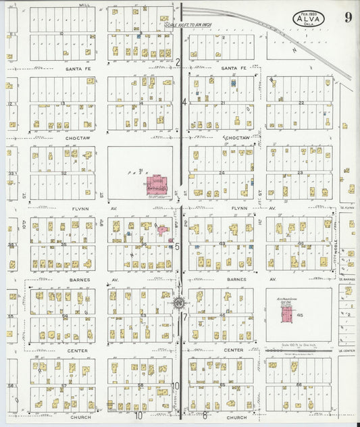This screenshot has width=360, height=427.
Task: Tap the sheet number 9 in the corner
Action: click(x=348, y=18)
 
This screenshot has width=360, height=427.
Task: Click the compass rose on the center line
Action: click(x=180, y=303)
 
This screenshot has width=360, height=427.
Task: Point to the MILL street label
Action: click(x=84, y=5)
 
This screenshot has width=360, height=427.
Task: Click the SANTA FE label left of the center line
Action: click(x=78, y=69)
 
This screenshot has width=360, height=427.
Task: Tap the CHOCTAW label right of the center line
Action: click(x=236, y=138)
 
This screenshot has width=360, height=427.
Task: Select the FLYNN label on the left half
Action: click(x=80, y=209)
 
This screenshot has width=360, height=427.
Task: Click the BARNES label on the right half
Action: click(x=236, y=279)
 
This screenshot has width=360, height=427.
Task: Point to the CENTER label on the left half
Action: click(x=78, y=351)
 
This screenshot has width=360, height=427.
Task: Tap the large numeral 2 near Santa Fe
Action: click(x=178, y=63)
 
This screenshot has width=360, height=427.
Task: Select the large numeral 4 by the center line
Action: click(x=184, y=102)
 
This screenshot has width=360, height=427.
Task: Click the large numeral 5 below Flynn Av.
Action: click(x=177, y=247)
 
